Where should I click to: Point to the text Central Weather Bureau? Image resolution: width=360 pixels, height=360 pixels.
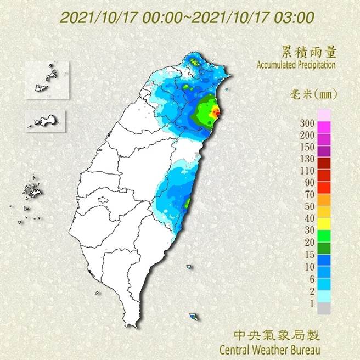[269, 348]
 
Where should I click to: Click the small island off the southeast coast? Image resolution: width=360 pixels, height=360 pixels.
[193, 316]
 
